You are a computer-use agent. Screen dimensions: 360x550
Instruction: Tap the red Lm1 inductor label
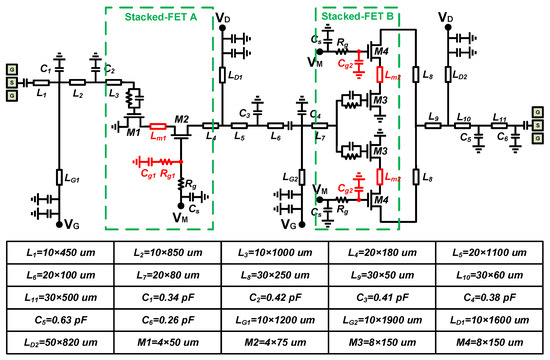click(x=157, y=139)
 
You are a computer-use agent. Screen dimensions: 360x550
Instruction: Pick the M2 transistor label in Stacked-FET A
click(x=181, y=117)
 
